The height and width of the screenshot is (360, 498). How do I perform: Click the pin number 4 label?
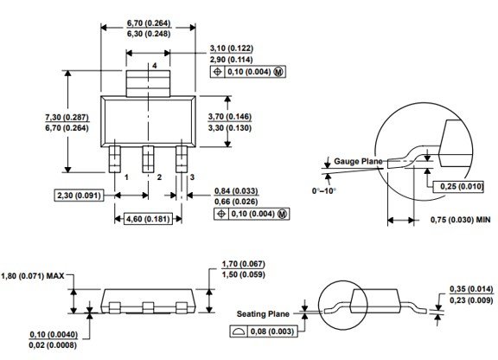tap(155, 66)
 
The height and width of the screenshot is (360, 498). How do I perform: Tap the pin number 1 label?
tap(126, 177)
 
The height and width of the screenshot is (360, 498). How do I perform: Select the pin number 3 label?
tap(192, 177)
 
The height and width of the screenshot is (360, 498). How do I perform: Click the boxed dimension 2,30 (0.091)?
tap(79, 196)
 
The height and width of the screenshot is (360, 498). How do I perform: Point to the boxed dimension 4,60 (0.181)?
tap(148, 219)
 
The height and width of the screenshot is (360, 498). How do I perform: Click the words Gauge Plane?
tap(358, 162)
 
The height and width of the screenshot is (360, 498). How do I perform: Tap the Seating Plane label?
tap(263, 314)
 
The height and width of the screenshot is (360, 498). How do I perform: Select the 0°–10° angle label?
tap(324, 190)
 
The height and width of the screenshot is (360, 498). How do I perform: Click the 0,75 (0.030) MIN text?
tap(461, 220)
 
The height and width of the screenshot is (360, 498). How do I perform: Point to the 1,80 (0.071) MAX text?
tap(32, 275)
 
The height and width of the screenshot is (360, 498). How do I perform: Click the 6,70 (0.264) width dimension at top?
tap(149, 23)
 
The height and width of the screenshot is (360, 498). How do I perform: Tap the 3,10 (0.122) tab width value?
tap(232, 48)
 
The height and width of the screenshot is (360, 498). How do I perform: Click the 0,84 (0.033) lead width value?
tap(236, 191)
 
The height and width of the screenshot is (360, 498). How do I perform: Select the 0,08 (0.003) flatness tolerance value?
tap(272, 331)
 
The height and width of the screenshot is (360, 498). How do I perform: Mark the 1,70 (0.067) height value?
tap(243, 264)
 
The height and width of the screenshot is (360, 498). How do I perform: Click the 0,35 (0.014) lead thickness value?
tap(471, 289)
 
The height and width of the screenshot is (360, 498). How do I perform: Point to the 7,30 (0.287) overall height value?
tap(67, 118)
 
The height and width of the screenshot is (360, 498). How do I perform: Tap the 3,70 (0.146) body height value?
tap(230, 117)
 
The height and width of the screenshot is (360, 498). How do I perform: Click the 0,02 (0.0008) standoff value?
tap(53, 345)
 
